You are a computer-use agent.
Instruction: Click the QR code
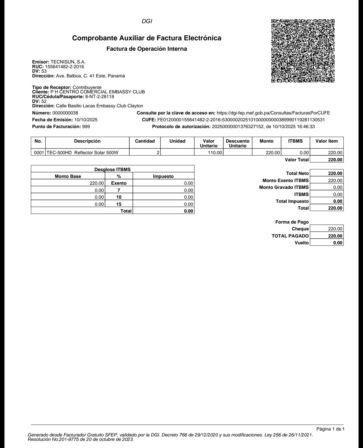tap(303, 51)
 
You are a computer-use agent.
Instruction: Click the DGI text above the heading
tap(147, 21)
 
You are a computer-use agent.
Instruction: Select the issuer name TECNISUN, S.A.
tap(68, 62)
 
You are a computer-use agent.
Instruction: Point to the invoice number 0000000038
tap(65, 113)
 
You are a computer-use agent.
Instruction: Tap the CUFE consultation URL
tap(273, 113)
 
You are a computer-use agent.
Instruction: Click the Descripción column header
tap(87, 141)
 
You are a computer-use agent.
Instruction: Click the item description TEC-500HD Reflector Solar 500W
tap(82, 153)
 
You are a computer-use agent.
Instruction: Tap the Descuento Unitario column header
tap(238, 143)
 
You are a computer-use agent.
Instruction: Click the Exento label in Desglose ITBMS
tap(119, 183)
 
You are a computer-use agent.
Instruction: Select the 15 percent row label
tap(119, 204)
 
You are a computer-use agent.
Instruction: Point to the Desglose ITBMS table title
tap(112, 169)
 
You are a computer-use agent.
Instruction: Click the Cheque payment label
tap(300, 229)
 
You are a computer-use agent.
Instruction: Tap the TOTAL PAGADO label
tap(290, 236)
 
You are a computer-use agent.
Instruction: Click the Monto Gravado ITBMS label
tap(284, 187)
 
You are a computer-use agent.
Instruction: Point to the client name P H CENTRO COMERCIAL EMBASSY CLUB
tap(98, 92)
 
